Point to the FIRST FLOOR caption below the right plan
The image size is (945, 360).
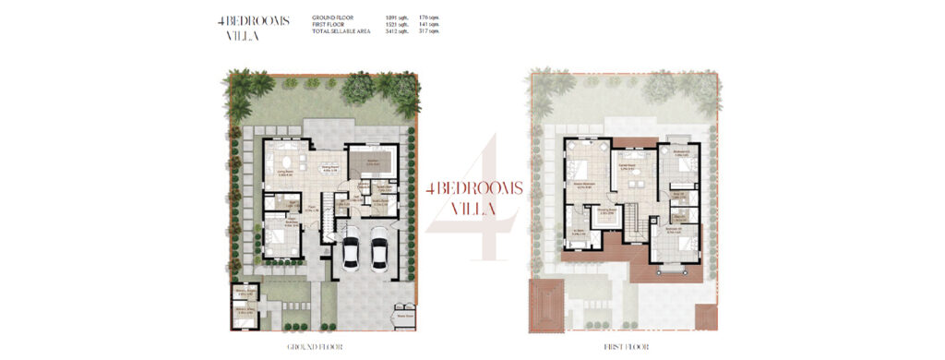627,347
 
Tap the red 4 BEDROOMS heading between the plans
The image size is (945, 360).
475,187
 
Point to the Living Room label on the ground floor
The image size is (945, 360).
275,171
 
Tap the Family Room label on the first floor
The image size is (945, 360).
631,168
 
